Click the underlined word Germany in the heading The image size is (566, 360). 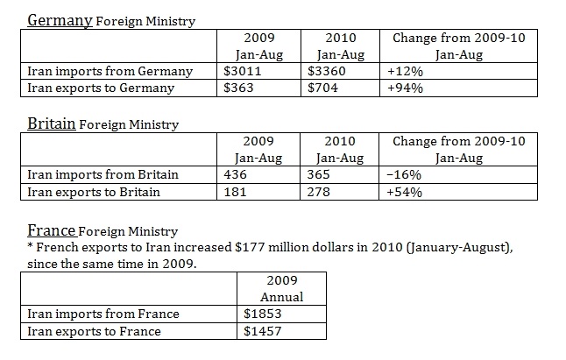pyautogui.click(x=60, y=19)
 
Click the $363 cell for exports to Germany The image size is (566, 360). pyautogui.click(x=237, y=88)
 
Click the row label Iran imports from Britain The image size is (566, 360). pyautogui.click(x=103, y=174)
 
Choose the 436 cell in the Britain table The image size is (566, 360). pyautogui.click(x=236, y=174)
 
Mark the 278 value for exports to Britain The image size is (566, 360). pyautogui.click(x=319, y=191)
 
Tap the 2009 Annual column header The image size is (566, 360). pyautogui.click(x=282, y=289)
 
